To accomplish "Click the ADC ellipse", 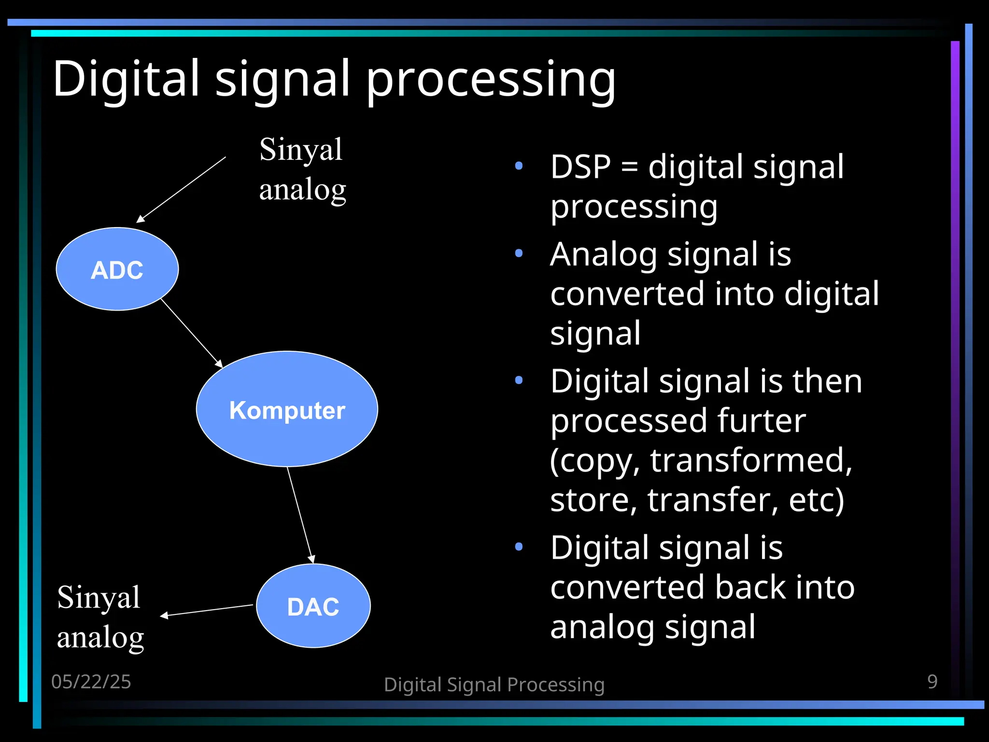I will [x=117, y=269].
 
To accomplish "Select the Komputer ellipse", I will [x=287, y=409].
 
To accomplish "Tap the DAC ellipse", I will [x=313, y=606].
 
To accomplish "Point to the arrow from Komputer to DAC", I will [x=300, y=514].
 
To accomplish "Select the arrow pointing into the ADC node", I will [x=182, y=189].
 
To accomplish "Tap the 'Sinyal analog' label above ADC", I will [x=302, y=169].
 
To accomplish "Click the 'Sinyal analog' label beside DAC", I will [x=100, y=617].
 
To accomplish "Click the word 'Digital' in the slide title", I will [x=126, y=78].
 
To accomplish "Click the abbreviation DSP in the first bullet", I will [x=580, y=167].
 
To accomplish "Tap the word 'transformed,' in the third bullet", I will [x=751, y=460].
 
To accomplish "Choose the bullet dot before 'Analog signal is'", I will [x=519, y=253].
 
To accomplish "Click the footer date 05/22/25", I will [x=91, y=682].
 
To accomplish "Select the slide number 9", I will [x=932, y=682].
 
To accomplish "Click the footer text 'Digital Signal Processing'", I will [x=494, y=685].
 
